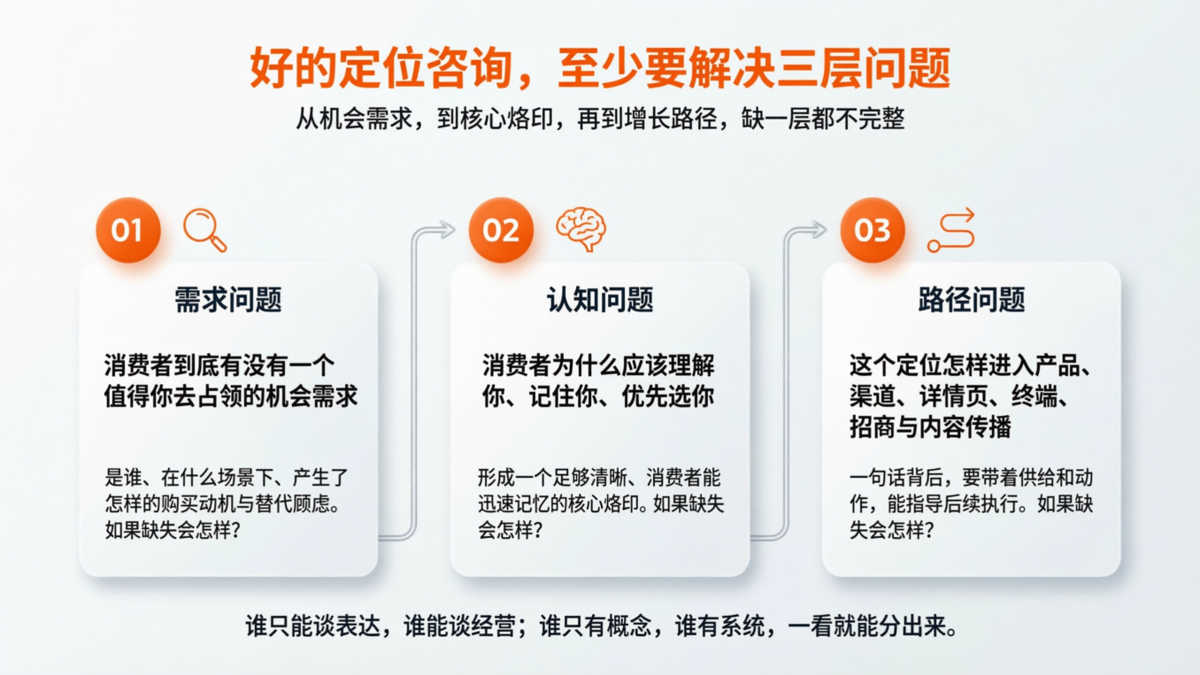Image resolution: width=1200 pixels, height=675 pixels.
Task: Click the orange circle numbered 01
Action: pos(127,230)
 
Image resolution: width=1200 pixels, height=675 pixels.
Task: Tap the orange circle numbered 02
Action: pos(501,230)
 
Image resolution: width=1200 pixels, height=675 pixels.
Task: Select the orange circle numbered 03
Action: pos(872,230)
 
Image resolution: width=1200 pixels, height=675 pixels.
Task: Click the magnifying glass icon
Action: pos(204,229)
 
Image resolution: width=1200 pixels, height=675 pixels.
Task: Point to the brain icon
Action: pos(581,228)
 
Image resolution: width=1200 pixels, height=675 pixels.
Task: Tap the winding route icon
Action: pos(951,230)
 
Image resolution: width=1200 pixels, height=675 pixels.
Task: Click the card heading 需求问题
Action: pos(228,301)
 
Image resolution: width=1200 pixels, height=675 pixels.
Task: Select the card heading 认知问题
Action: pos(600,301)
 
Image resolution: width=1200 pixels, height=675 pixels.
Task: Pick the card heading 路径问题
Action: pos(972,301)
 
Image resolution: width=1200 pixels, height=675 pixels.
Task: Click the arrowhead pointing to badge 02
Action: pos(448,230)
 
